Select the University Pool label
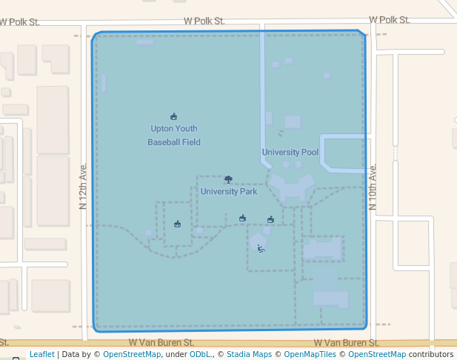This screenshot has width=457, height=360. click(x=290, y=153)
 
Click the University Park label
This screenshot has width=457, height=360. click(x=229, y=191)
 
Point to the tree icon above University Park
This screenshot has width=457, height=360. click(x=228, y=179)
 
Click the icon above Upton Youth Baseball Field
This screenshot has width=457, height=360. click(x=174, y=116)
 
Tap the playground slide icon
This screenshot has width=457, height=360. click(x=261, y=248)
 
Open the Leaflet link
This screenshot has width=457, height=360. click(x=41, y=354)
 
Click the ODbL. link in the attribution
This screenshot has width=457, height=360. click(x=200, y=354)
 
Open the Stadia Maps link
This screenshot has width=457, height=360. click(x=249, y=354)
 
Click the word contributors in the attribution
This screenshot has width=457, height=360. click(x=430, y=354)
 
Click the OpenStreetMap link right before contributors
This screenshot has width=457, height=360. click(x=377, y=354)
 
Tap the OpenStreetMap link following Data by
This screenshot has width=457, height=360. click(x=132, y=354)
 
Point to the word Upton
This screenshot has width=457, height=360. click(x=163, y=128)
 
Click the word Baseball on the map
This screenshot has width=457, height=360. click(x=164, y=141)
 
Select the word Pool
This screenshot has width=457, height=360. click(x=310, y=153)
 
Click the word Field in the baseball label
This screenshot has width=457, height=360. click(x=192, y=141)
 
